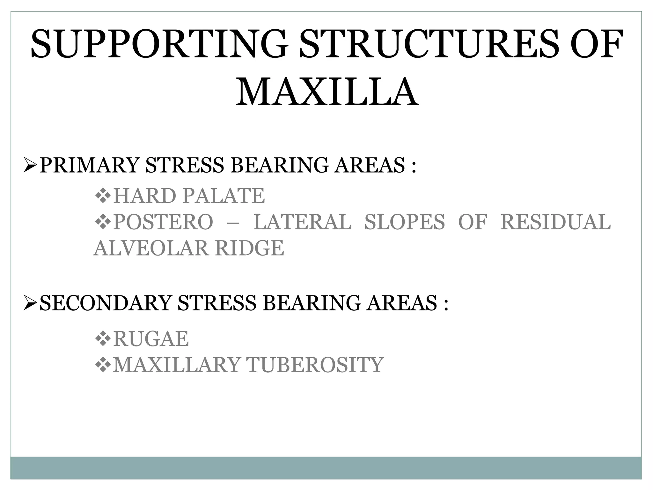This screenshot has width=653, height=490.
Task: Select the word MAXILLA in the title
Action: click(x=326, y=93)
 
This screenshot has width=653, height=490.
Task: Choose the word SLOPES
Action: click(x=404, y=222)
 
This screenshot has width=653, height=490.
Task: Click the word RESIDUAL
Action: click(x=555, y=222)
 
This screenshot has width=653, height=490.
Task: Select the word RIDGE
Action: click(x=249, y=248)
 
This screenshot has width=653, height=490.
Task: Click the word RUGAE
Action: click(x=151, y=339)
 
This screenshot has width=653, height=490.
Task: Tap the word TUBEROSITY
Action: click(x=315, y=365)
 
